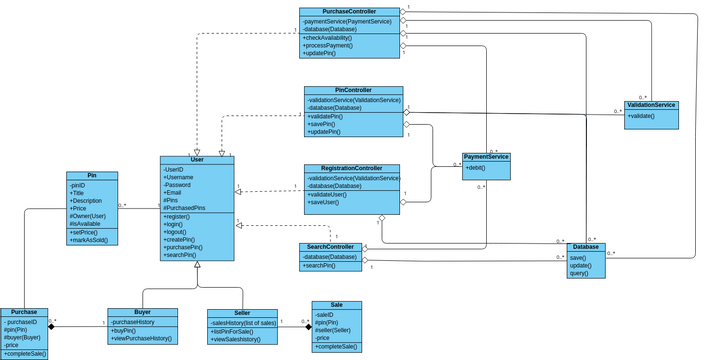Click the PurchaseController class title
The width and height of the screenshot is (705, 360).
350,12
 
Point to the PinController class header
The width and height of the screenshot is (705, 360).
353,90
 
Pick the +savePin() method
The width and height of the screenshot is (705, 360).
322,124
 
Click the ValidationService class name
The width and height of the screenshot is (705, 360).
651,105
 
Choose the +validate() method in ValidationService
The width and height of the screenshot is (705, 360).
642,117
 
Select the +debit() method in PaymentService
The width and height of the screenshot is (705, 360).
478,168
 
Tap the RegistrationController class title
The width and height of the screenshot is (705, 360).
351,169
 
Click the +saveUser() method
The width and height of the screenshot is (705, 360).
324,203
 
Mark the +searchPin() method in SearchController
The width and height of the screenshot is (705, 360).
320,266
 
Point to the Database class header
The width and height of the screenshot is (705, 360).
586,247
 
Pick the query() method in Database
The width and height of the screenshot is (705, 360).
579,273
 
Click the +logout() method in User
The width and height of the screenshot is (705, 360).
176,231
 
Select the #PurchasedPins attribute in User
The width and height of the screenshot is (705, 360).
185,207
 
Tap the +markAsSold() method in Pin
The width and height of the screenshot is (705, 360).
88,241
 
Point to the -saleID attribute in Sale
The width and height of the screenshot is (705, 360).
324,315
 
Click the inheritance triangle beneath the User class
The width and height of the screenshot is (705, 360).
197,266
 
